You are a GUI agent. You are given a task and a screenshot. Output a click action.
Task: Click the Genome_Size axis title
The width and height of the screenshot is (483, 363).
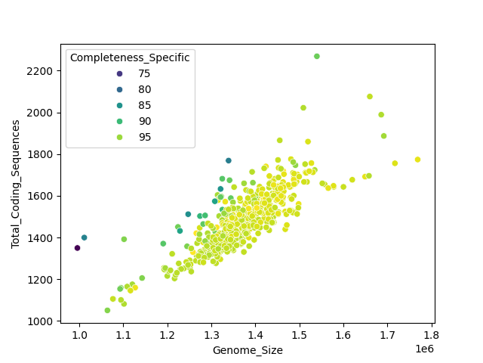248,350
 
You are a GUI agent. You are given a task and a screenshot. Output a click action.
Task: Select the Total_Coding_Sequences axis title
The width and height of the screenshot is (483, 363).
16,184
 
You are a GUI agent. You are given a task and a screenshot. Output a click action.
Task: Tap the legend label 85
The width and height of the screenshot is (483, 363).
144,105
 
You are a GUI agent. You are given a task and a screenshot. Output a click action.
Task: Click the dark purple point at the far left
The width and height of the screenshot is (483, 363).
77,248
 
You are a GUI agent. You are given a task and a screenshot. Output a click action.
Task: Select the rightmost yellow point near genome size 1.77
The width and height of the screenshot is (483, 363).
417,160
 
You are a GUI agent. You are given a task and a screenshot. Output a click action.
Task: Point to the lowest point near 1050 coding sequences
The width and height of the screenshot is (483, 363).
107,310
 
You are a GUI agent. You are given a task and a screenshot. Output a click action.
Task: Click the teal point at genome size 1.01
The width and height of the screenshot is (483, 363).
85,237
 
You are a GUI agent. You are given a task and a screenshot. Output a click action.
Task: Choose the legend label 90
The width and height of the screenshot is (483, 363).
144,121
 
